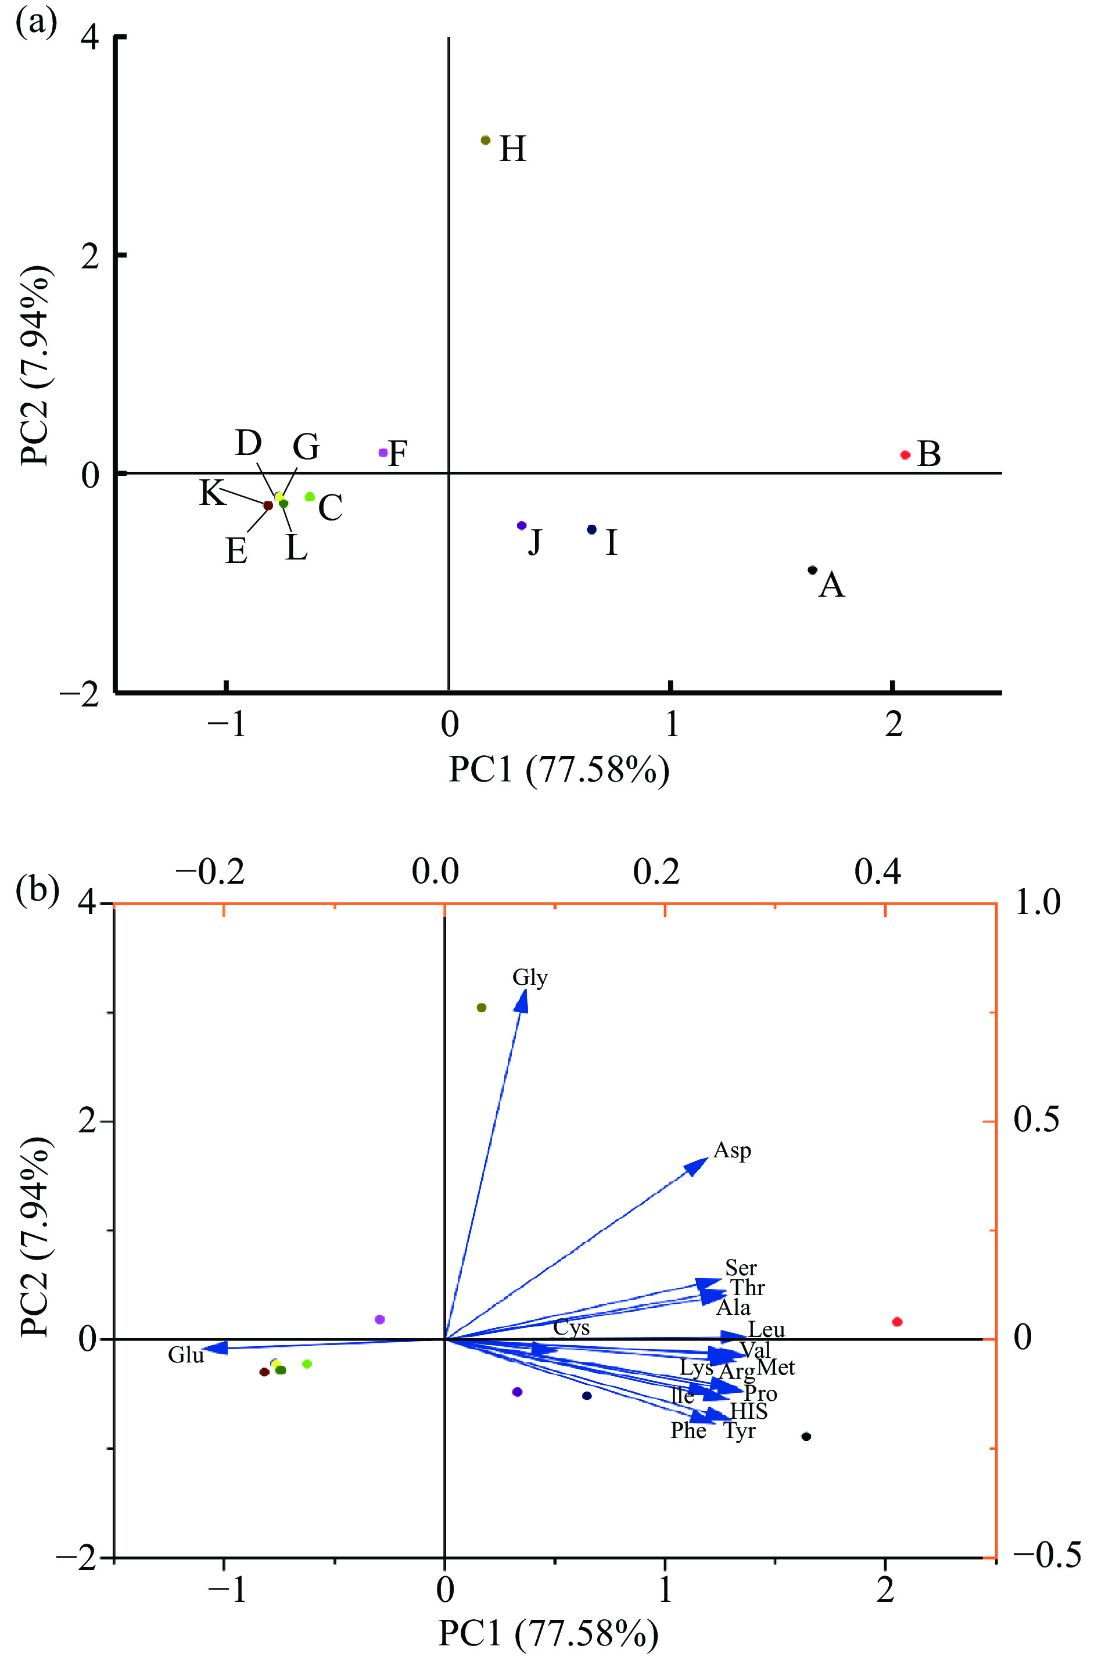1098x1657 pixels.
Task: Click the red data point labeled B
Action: pyautogui.click(x=905, y=454)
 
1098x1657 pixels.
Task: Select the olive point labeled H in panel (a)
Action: pyautogui.click(x=485, y=140)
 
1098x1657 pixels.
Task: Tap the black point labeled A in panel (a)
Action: pyautogui.click(x=812, y=569)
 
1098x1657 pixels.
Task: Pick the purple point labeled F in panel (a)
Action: pyautogui.click(x=383, y=453)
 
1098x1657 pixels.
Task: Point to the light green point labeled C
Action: pyautogui.click(x=310, y=497)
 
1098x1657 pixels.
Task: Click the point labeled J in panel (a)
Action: pyautogui.click(x=521, y=525)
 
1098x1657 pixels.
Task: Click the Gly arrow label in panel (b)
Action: pyautogui.click(x=530, y=977)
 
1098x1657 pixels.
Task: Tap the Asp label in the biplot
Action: pyautogui.click(x=733, y=1150)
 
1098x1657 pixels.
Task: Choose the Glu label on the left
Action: pyautogui.click(x=185, y=1355)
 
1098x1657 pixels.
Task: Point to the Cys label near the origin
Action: pyautogui.click(x=572, y=1328)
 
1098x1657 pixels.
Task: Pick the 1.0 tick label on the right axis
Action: pyautogui.click(x=1037, y=903)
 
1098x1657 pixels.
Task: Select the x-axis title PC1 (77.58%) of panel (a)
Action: pyautogui.click(x=559, y=770)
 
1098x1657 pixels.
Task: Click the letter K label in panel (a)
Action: pyautogui.click(x=212, y=492)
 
